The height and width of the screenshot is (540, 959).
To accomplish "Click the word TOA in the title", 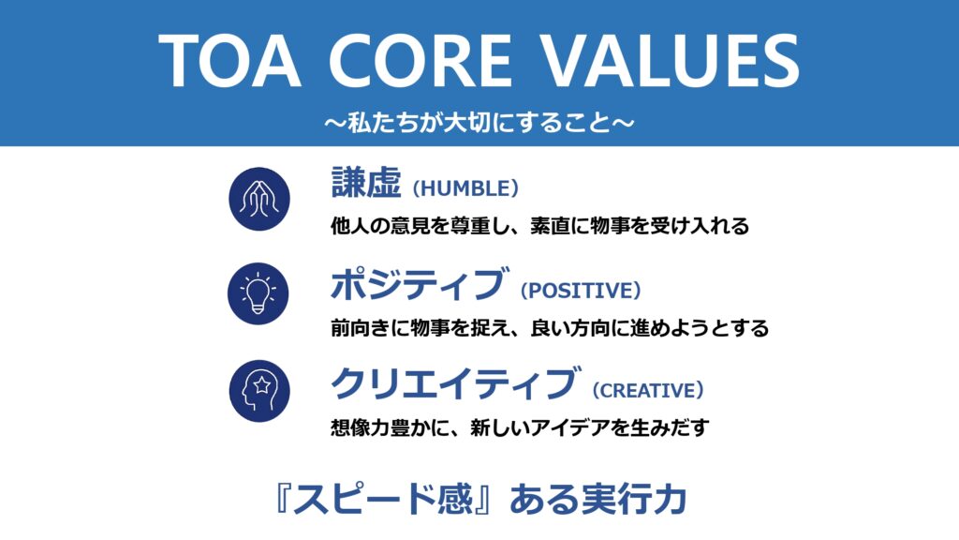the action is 229,61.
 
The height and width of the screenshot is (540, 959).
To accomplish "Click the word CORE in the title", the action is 420,61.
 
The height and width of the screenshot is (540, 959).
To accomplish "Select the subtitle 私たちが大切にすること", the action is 479,123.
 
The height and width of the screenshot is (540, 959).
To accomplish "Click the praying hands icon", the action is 259,199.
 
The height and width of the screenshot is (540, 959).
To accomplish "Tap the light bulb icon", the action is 258,293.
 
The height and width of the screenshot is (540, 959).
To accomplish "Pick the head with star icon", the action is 259,391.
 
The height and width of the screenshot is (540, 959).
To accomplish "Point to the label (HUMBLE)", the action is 466,187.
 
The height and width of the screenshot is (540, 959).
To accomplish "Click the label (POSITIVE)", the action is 581,291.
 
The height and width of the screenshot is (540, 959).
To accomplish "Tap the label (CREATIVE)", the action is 648,390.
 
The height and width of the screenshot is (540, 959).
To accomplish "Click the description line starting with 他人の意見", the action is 540,226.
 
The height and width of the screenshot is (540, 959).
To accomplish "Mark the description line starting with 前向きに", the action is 550,327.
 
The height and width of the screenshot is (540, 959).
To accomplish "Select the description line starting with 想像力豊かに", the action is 521,427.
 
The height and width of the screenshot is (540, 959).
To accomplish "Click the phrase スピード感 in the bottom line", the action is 383,499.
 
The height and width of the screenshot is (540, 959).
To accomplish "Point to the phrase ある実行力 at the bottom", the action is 598,499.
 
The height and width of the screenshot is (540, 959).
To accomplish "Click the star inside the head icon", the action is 262,385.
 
